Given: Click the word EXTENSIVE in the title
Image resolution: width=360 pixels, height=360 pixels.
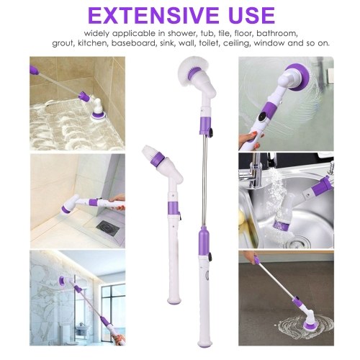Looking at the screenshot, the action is (153, 15).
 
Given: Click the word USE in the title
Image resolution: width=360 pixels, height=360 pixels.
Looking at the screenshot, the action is (251, 15).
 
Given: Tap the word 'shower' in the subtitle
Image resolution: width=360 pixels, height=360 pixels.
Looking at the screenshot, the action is (181, 33).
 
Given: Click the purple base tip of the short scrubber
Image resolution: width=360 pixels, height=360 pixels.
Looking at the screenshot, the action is (174, 300).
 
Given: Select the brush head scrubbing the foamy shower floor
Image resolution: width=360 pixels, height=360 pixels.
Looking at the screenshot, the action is (99, 110).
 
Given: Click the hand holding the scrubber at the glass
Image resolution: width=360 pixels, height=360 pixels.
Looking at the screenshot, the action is (250, 139).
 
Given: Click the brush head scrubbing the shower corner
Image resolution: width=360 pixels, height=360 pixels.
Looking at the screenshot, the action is (68, 206).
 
